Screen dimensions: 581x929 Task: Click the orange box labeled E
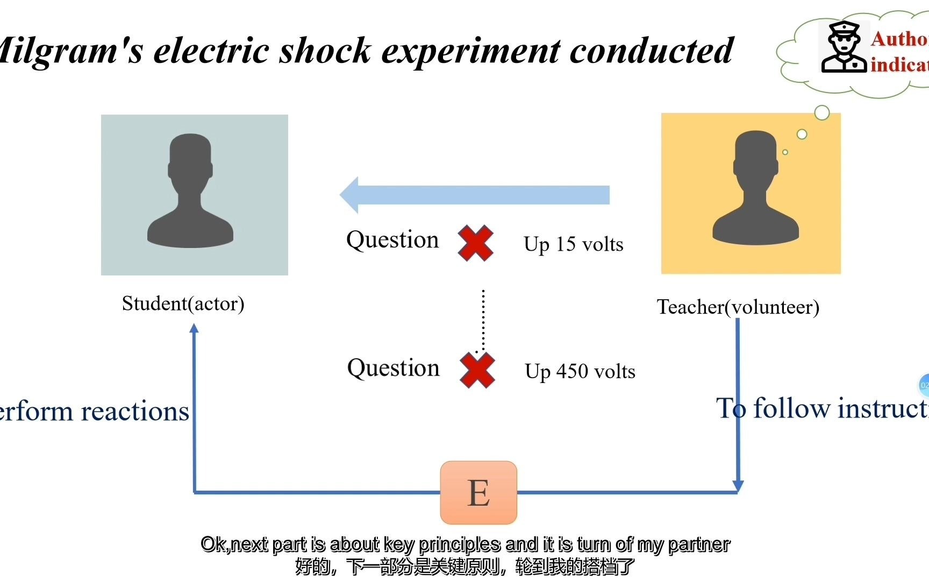(478, 492)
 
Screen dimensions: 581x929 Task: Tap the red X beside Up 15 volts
(475, 243)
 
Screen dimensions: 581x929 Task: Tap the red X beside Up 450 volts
(477, 370)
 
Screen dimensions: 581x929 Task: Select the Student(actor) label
(183, 303)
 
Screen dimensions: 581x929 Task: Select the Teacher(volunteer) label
(738, 307)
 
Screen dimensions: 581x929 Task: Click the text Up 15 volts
(574, 244)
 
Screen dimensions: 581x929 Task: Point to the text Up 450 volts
(580, 371)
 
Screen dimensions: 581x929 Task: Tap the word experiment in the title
(471, 51)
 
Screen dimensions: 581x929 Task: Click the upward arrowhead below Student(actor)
(194, 328)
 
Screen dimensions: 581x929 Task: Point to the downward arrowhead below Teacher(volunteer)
(738, 485)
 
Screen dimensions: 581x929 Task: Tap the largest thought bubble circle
(822, 112)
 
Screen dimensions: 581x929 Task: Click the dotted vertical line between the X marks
(483, 320)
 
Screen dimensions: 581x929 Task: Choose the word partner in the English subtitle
(699, 544)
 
